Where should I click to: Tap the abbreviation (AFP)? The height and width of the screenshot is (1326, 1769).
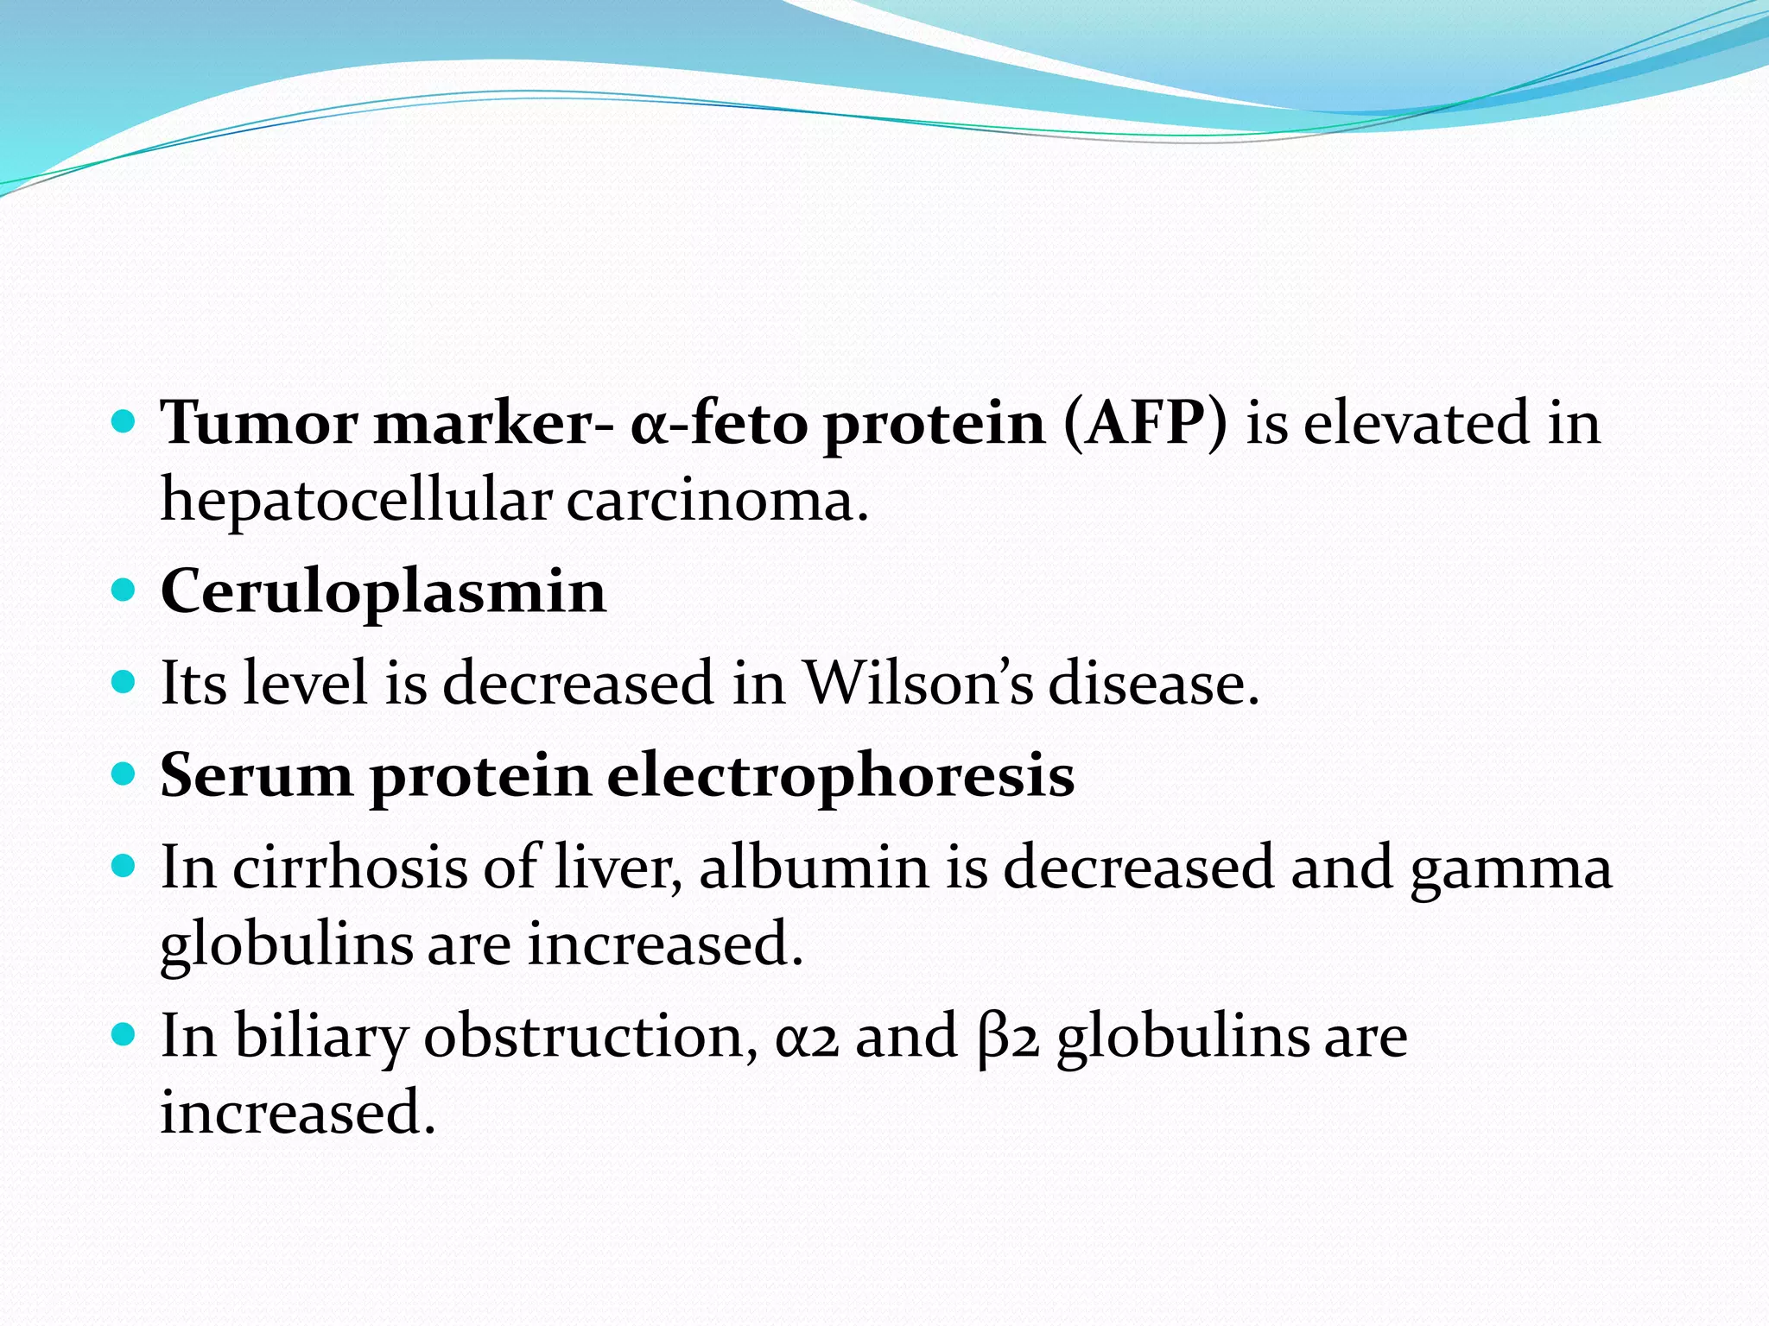1145,423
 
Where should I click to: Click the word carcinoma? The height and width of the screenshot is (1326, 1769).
717,501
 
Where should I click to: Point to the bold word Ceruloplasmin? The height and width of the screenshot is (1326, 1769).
384,592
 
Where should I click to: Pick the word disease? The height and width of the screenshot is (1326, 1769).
1154,683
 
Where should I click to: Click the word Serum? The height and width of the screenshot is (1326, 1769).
257,775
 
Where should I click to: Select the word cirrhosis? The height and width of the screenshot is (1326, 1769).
350,867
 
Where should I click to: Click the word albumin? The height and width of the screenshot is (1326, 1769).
813,867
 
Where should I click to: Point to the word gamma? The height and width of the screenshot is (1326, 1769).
1511,868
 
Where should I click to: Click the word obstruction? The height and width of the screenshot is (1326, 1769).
591,1036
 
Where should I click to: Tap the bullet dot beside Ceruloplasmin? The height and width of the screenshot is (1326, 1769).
124,590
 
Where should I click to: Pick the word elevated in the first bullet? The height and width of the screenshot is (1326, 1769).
1416,423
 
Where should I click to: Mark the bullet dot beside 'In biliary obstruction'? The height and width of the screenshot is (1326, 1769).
124,1033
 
